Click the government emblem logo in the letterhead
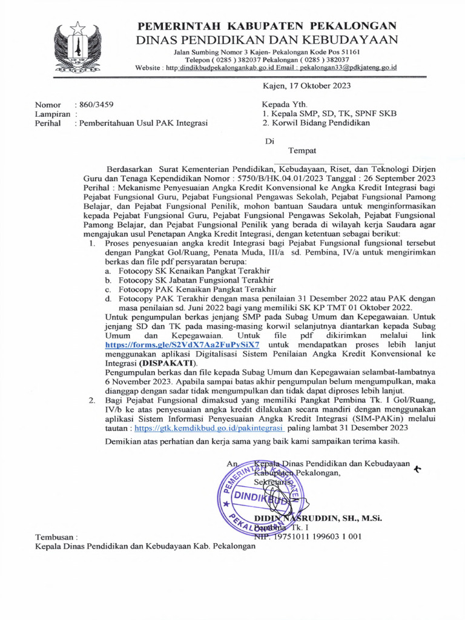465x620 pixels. point(77,48)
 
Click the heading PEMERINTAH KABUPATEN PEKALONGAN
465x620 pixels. point(268,26)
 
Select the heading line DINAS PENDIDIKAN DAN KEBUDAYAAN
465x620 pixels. point(268,40)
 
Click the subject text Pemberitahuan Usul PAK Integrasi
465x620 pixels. point(141,123)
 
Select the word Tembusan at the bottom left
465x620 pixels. point(56,536)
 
